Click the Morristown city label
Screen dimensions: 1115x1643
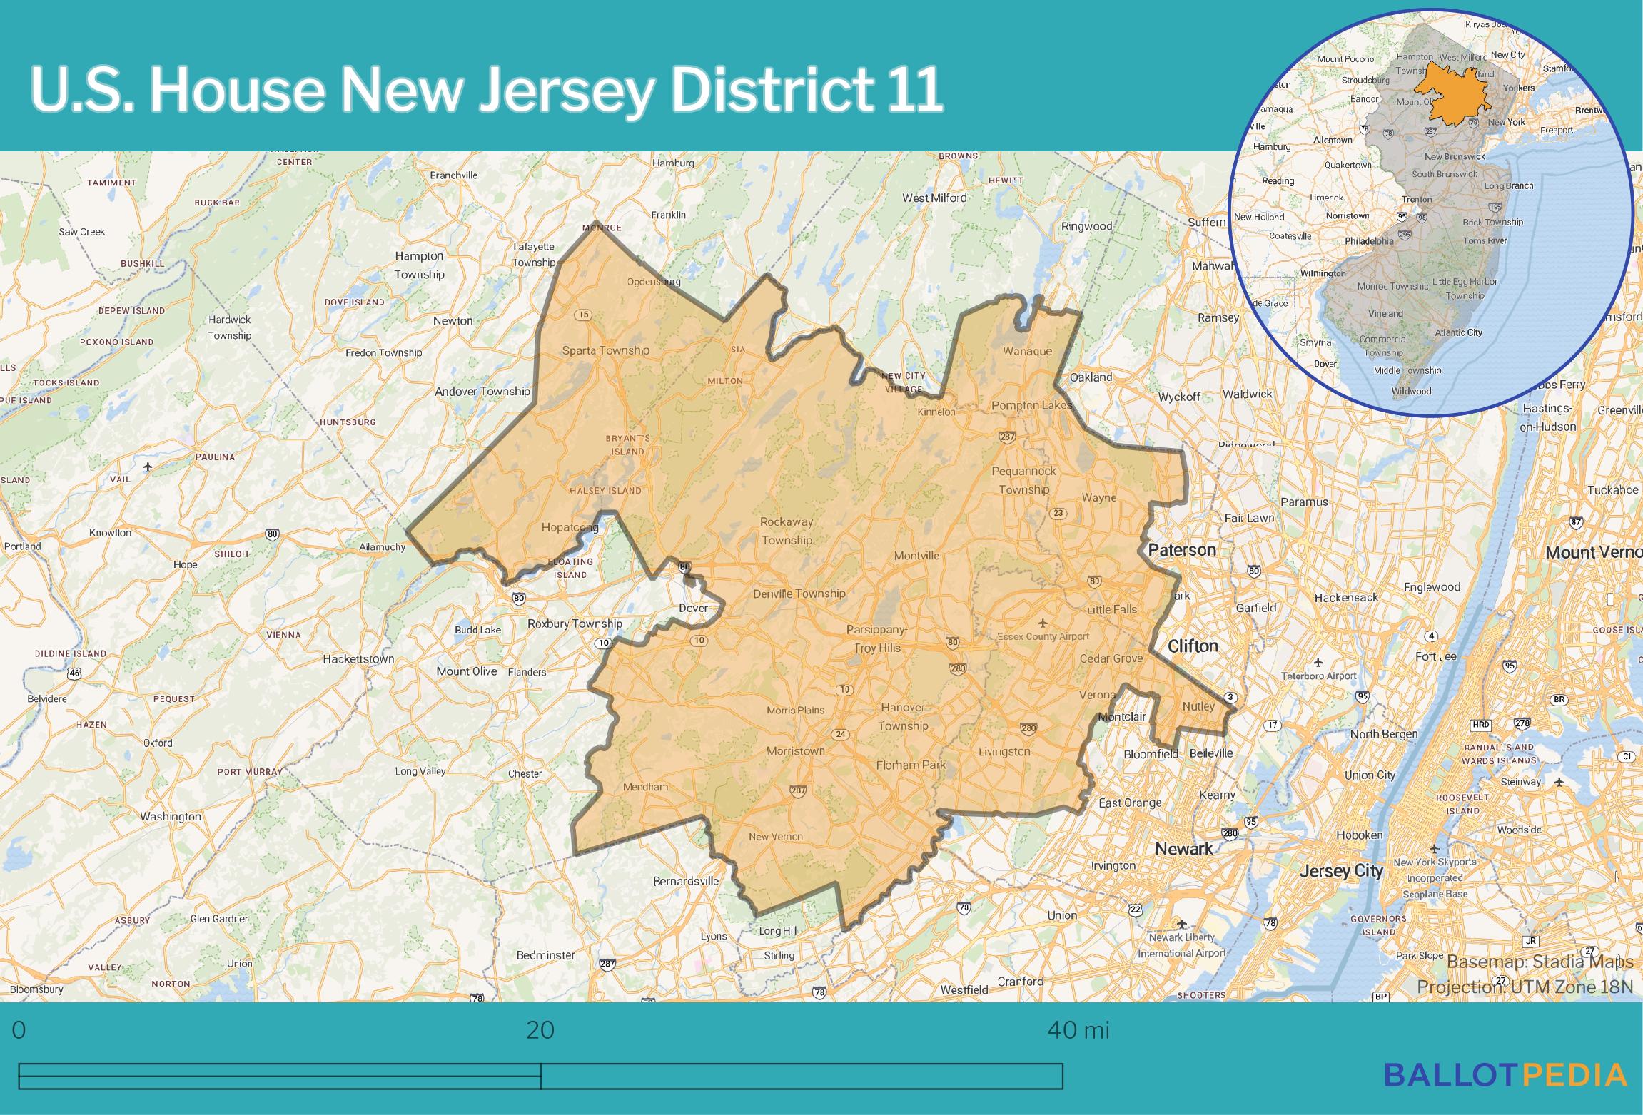pos(795,751)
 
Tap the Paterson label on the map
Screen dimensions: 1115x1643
pos(1181,550)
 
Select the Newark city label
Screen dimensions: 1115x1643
pos(1183,849)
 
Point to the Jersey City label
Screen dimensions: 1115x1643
pos(1341,871)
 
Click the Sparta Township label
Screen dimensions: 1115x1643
pos(605,350)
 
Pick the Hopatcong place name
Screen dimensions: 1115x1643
pos(570,528)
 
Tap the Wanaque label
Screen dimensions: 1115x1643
pos(1027,351)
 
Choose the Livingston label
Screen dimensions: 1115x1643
pos(1004,752)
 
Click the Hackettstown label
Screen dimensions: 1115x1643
pos(358,659)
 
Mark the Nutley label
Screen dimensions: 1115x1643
pos(1198,706)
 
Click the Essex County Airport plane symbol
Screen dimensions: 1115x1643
pos(1043,623)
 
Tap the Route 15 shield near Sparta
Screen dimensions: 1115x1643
pos(584,315)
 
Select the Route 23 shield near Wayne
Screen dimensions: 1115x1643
pos(1058,513)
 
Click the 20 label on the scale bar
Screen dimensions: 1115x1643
pos(540,1030)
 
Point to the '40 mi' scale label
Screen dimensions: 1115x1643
pos(1078,1030)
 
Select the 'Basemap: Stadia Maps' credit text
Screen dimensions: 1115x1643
pos(1540,962)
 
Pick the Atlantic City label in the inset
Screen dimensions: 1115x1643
pos(1458,332)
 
